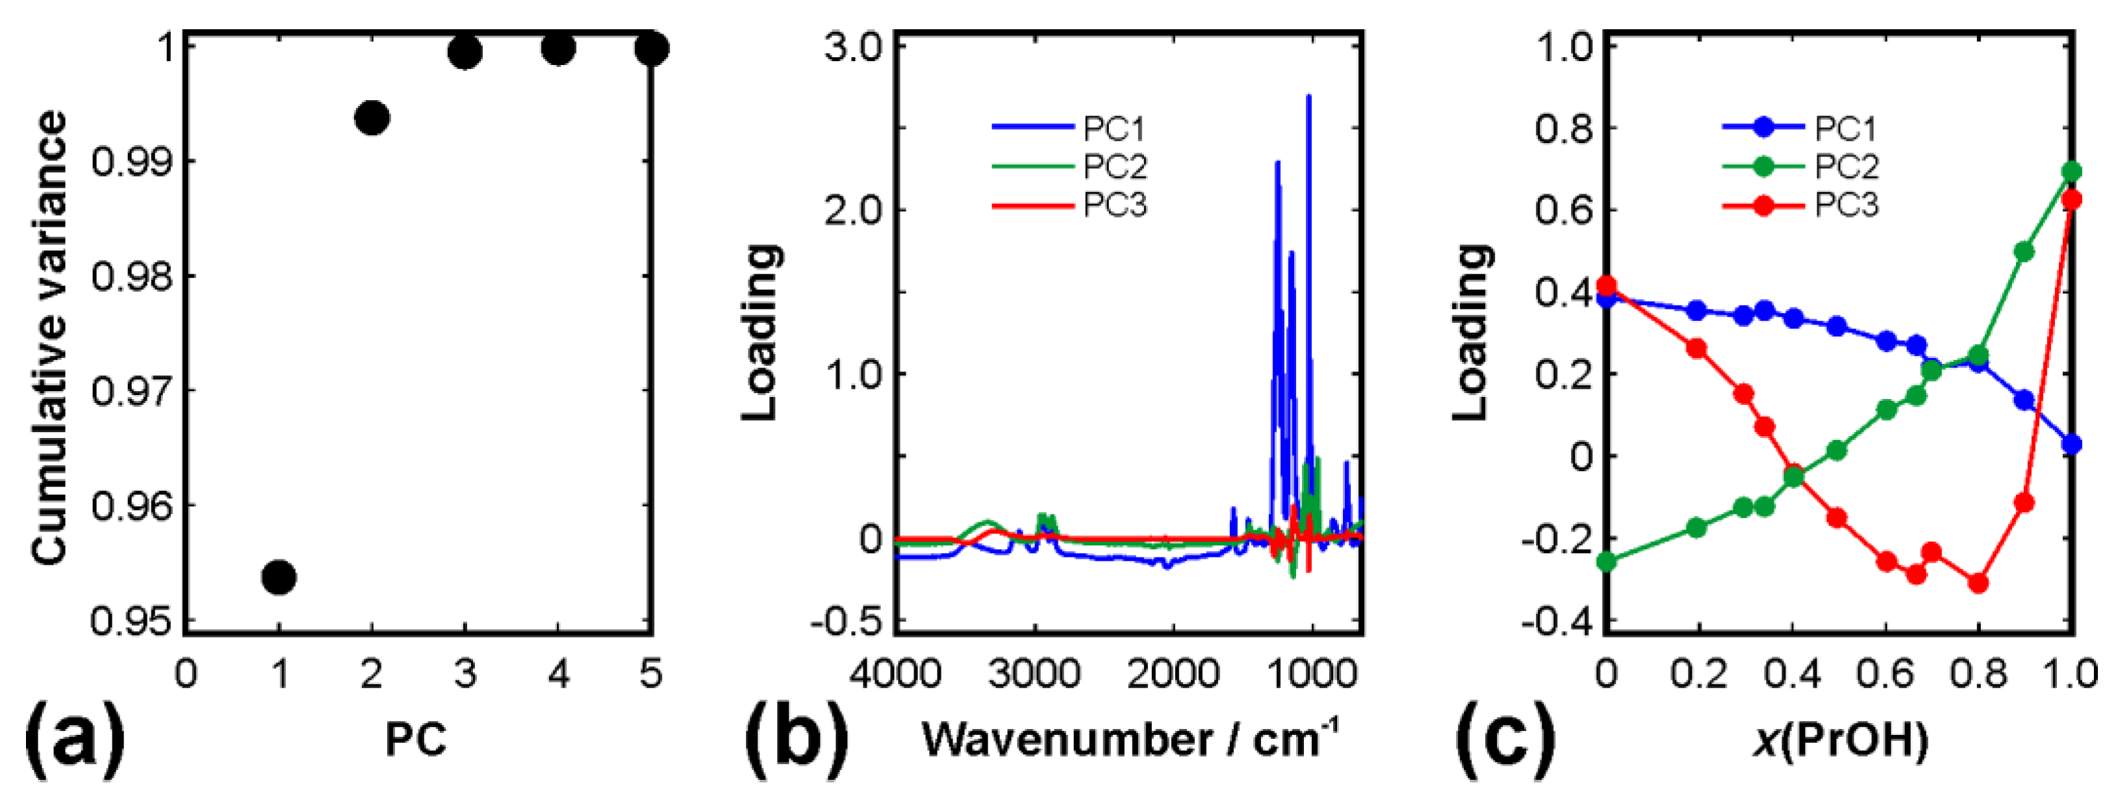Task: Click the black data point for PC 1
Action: pyautogui.click(x=279, y=578)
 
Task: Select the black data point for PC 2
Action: pyautogui.click(x=372, y=118)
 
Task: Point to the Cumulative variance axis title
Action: pyautogui.click(x=49, y=337)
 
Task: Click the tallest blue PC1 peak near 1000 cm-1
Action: pyautogui.click(x=1308, y=97)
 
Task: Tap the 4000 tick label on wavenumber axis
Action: pyautogui.click(x=895, y=675)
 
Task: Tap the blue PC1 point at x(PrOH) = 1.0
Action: pyautogui.click(x=2071, y=444)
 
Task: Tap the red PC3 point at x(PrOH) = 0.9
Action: pyautogui.click(x=2024, y=502)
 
